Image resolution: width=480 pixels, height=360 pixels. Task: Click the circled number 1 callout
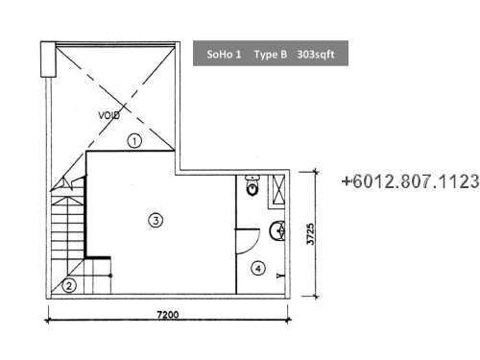click(134, 141)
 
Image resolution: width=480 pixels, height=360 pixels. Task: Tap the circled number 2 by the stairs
click(69, 285)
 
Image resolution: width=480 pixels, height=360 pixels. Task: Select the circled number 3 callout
click(156, 220)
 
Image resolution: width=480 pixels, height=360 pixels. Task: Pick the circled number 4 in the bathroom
click(258, 269)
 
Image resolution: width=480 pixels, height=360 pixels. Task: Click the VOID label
click(109, 115)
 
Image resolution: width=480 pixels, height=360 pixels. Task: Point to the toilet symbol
click(252, 185)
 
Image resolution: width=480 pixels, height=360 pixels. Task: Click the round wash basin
click(277, 230)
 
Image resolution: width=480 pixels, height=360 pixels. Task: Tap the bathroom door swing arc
click(254, 246)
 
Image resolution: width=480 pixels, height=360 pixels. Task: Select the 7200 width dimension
click(168, 315)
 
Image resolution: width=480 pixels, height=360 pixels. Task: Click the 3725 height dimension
click(310, 234)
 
